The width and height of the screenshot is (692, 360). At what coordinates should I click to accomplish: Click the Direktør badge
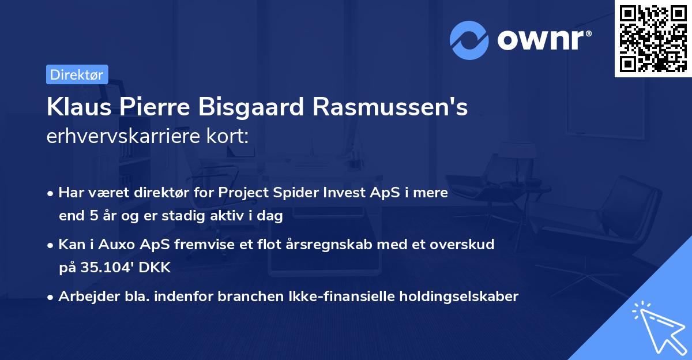tap(77, 74)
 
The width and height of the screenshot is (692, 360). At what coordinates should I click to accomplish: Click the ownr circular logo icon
tap(469, 40)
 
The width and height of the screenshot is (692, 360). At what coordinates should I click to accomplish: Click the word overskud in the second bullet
tap(467, 244)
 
